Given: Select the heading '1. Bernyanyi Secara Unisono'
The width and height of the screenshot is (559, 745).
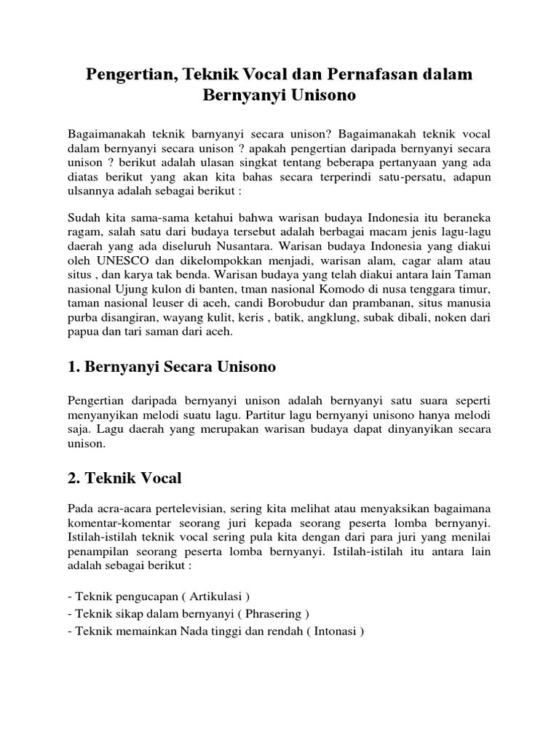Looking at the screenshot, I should coord(171,367).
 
